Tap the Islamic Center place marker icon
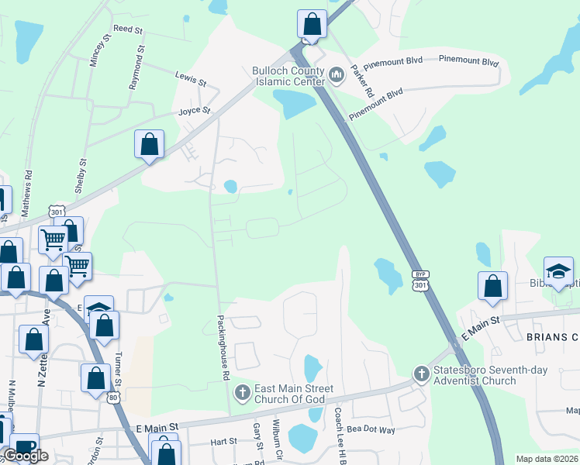click(336, 75)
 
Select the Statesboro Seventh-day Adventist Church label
click(475, 375)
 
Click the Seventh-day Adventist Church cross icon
click(421, 374)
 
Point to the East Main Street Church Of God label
click(295, 394)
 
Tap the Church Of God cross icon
click(242, 393)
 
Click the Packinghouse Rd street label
click(223, 347)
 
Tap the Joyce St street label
click(195, 111)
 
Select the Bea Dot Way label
click(371, 429)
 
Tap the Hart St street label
click(223, 442)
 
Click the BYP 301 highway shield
click(419, 281)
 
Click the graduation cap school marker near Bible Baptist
click(558, 272)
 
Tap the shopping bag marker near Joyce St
click(150, 145)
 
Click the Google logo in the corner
click(26, 456)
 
